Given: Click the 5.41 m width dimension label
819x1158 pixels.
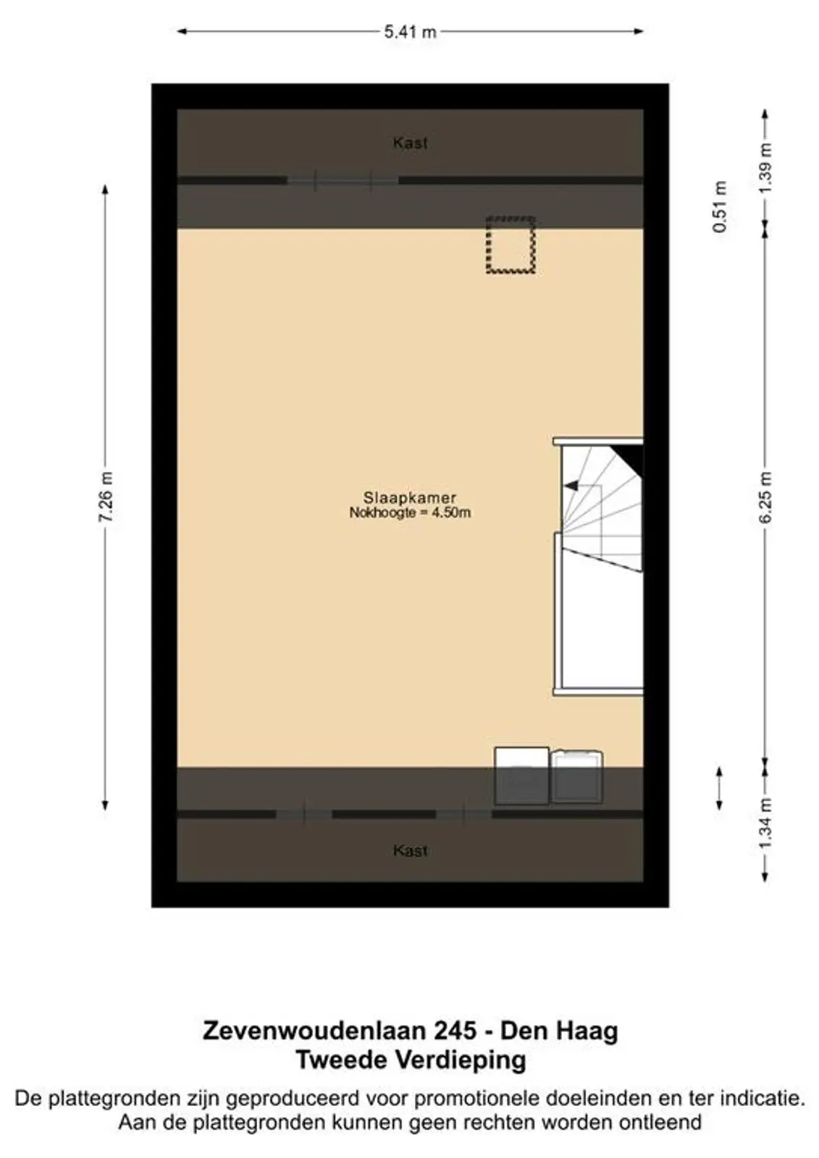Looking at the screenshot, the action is [x=410, y=32].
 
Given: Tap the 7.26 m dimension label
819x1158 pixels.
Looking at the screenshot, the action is [x=106, y=496].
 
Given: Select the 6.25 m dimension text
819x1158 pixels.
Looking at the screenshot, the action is [x=765, y=496].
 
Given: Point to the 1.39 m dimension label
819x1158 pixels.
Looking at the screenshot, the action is [x=765, y=168].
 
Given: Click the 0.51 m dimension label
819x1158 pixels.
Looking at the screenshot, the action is [x=720, y=207].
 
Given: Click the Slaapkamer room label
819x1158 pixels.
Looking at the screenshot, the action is [x=410, y=498].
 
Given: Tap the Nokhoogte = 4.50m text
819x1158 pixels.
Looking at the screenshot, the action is [x=410, y=513].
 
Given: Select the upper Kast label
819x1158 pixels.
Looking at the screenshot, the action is [x=410, y=143].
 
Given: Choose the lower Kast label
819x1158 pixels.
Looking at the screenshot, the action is [x=410, y=850].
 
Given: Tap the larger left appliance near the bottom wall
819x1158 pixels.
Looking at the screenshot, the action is [x=521, y=776].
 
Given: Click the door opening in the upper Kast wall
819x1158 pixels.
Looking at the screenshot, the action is [x=343, y=180].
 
